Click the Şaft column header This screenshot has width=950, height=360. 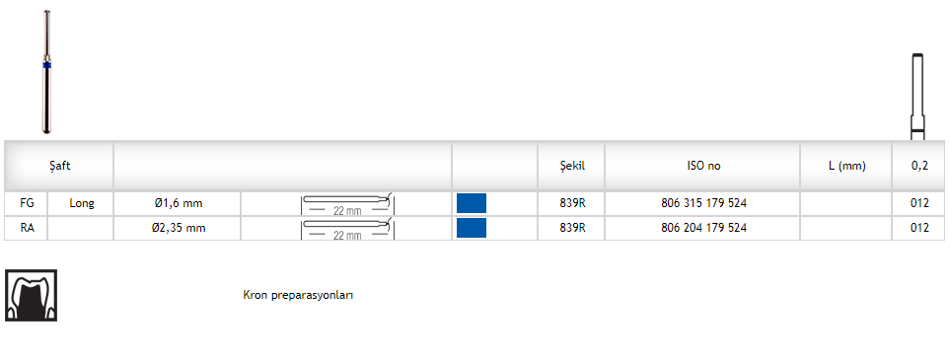click(60, 166)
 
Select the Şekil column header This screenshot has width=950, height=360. click(572, 166)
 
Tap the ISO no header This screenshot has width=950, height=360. click(703, 166)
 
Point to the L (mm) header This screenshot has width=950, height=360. click(847, 166)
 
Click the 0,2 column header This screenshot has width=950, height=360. click(919, 166)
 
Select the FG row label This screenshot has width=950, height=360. click(27, 203)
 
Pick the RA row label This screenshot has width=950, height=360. click(27, 228)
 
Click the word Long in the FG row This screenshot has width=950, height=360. click(82, 203)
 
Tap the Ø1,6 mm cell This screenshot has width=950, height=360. click(178, 203)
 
